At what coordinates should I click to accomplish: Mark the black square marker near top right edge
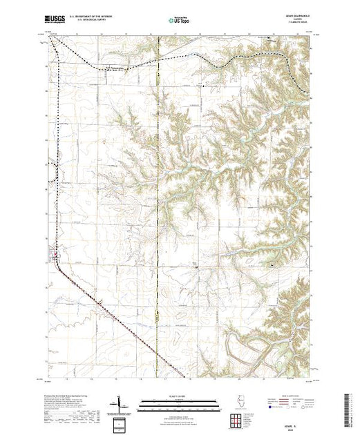point(269,47)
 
